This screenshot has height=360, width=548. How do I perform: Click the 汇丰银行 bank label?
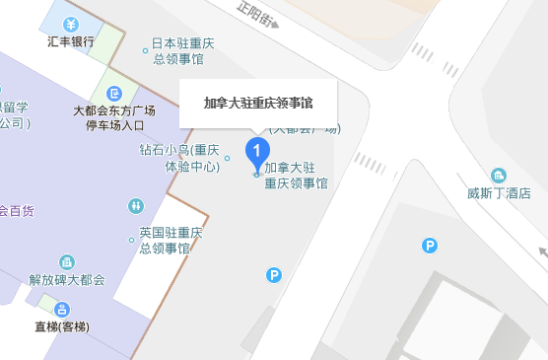click(x=71, y=41)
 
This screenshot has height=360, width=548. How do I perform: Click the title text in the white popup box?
click(x=257, y=103)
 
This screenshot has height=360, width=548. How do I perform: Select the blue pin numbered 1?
click(x=257, y=152)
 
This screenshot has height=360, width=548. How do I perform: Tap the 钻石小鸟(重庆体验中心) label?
click(x=178, y=158)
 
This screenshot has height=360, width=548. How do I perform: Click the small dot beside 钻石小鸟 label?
click(x=228, y=158)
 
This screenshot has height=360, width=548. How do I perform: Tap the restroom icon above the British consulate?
click(x=135, y=206)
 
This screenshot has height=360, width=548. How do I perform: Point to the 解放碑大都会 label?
click(x=66, y=280)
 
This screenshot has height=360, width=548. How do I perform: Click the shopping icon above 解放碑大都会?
click(x=66, y=262)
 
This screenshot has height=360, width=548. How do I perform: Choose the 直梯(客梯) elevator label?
click(x=61, y=326)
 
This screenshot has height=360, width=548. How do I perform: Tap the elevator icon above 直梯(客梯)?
click(x=61, y=309)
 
